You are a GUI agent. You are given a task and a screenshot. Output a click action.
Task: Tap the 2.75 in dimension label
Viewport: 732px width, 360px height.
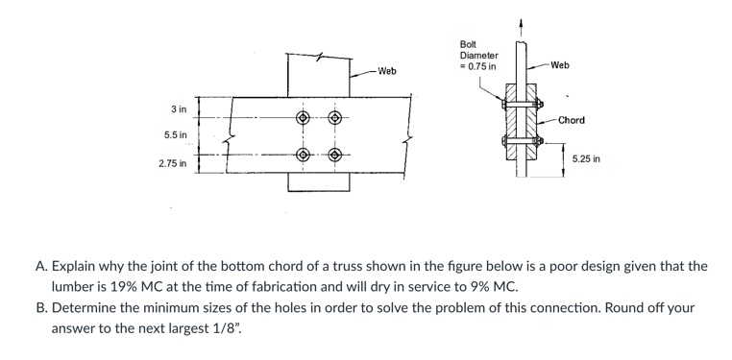click(173, 165)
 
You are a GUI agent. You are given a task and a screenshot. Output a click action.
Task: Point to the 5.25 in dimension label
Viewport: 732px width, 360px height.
click(586, 158)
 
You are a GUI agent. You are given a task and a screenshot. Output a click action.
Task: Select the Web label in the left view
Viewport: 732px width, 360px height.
click(387, 72)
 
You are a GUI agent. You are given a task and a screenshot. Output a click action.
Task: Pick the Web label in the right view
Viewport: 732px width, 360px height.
click(561, 65)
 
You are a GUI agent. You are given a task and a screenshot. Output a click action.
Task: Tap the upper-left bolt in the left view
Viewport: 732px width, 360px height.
click(304, 119)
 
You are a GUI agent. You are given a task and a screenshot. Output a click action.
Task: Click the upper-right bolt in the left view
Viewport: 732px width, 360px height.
click(335, 119)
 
